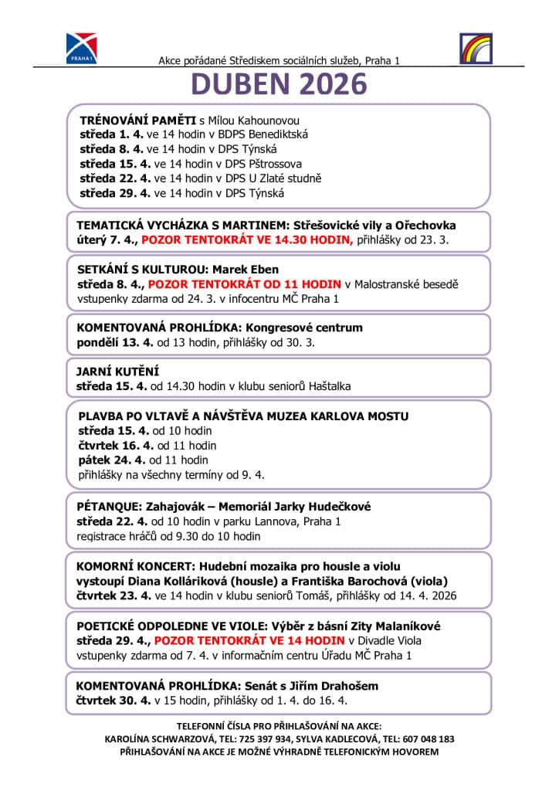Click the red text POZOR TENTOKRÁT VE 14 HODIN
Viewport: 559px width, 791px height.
(249, 640)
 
